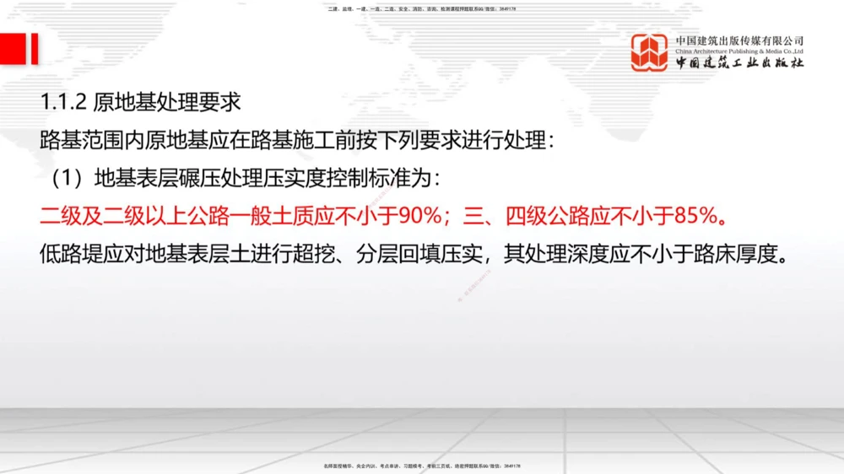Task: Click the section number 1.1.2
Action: click(x=63, y=103)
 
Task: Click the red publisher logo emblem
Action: click(x=650, y=52)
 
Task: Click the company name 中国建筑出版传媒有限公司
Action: click(x=739, y=40)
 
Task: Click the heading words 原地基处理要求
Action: click(x=167, y=103)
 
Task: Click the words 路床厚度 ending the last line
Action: click(x=742, y=254)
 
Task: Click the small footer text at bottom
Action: click(x=422, y=466)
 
